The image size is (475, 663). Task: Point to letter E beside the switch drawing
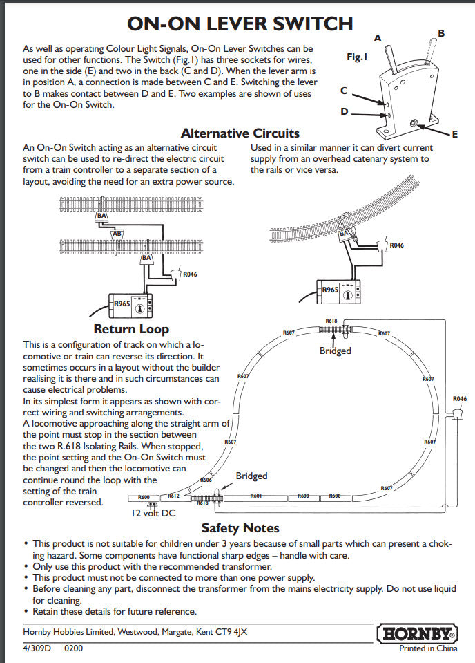(455, 134)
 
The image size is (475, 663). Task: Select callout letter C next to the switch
(345, 91)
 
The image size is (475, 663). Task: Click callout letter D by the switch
(345, 111)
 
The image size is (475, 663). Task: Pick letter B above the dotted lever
(441, 33)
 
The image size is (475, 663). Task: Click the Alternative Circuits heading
(240, 133)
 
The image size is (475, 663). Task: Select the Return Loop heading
(131, 329)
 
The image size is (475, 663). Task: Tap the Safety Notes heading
(240, 528)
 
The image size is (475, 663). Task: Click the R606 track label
(206, 479)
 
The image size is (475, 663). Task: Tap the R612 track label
(173, 496)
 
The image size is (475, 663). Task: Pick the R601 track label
(255, 496)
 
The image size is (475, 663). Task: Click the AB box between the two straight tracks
(117, 233)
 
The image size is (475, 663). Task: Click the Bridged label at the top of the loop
(335, 351)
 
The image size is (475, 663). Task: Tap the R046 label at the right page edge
(460, 399)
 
